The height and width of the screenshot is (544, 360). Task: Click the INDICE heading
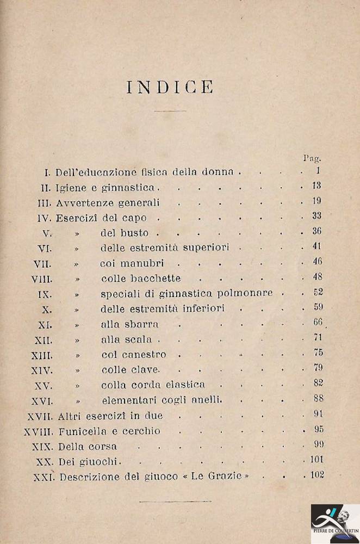coord(170,87)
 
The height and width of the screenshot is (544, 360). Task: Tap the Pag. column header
coord(312,158)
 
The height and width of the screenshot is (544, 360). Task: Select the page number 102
coord(317,474)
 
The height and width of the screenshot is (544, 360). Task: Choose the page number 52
coord(318,292)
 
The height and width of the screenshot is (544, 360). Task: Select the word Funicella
coord(82,431)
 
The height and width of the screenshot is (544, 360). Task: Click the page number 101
coord(317,460)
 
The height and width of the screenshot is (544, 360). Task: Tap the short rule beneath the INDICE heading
coord(170,111)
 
